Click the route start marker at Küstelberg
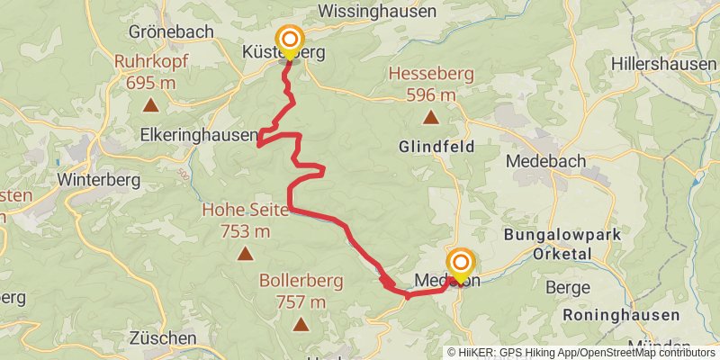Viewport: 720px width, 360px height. click(290, 40)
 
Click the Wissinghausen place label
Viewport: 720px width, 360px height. click(378, 12)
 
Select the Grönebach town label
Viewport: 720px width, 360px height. click(171, 31)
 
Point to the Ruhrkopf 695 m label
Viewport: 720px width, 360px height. click(150, 72)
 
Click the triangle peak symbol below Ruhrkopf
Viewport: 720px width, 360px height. click(150, 105)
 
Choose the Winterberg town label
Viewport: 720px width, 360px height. click(99, 179)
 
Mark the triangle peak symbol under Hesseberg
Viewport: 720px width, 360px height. click(431, 116)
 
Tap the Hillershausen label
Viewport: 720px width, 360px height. click(665, 64)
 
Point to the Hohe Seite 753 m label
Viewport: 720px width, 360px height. click(245, 220)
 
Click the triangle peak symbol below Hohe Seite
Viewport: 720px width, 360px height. click(245, 254)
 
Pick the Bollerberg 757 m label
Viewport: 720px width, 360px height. click(301, 291)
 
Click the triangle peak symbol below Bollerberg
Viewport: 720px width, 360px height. click(301, 323)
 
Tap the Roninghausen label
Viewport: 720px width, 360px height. click(621, 315)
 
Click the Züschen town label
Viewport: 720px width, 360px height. click(163, 338)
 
